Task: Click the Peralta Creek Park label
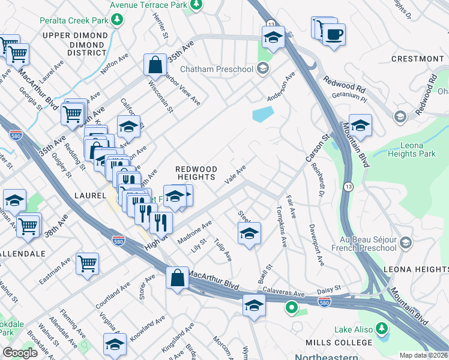tap(74, 20)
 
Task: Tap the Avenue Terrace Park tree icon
tap(196, 5)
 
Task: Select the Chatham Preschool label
tap(216, 69)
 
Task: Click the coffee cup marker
tap(334, 34)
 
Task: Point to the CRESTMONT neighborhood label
tap(417, 59)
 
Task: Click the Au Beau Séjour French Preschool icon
tap(406, 242)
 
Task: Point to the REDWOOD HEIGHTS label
tap(195, 173)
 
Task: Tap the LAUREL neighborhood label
tap(90, 196)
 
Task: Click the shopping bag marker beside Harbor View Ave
tap(155, 65)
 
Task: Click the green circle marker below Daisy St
tap(292, 309)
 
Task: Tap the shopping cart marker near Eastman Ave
tap(88, 263)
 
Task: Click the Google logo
tap(20, 353)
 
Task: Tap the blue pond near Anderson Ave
tap(263, 114)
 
